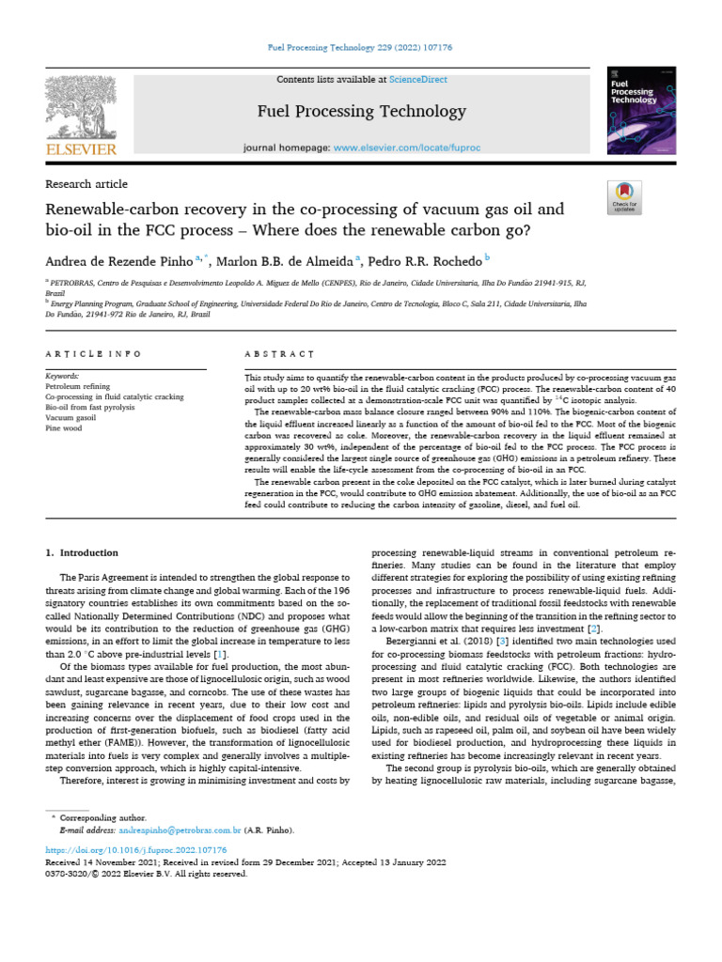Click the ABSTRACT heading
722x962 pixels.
click(272, 354)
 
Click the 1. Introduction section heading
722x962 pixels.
click(83, 553)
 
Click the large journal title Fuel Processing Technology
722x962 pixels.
click(361, 113)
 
